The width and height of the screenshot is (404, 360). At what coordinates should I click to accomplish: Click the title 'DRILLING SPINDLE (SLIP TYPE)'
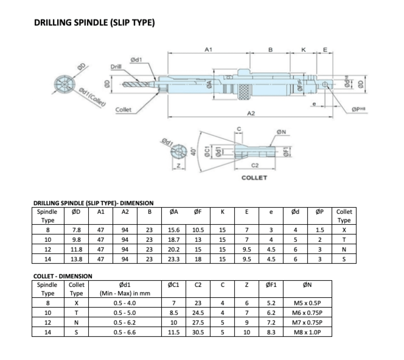click(94, 23)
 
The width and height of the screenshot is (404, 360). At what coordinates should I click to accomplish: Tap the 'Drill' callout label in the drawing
click(116, 67)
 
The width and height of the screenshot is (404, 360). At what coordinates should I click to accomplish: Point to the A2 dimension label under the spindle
click(251, 114)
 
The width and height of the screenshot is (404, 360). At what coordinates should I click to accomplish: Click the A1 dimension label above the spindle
click(209, 50)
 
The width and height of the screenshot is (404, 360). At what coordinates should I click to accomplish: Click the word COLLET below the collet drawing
click(254, 178)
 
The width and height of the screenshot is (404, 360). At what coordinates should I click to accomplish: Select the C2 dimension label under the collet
click(255, 165)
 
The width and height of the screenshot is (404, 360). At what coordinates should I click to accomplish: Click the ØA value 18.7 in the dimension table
click(174, 240)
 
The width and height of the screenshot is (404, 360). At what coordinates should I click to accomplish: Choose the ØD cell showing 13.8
click(76, 259)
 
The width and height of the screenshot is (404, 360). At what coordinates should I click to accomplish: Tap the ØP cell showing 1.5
click(320, 230)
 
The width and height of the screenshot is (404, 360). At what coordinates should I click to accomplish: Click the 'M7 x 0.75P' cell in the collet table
click(307, 322)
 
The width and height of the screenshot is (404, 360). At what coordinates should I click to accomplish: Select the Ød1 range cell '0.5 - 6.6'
click(125, 332)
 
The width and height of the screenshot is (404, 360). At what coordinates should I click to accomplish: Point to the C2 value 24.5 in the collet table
click(198, 312)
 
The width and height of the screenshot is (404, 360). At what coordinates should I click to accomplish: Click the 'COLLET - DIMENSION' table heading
click(63, 276)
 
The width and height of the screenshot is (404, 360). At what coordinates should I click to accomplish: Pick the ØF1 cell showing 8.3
click(271, 332)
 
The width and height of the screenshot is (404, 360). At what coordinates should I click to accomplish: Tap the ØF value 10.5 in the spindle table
click(198, 230)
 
